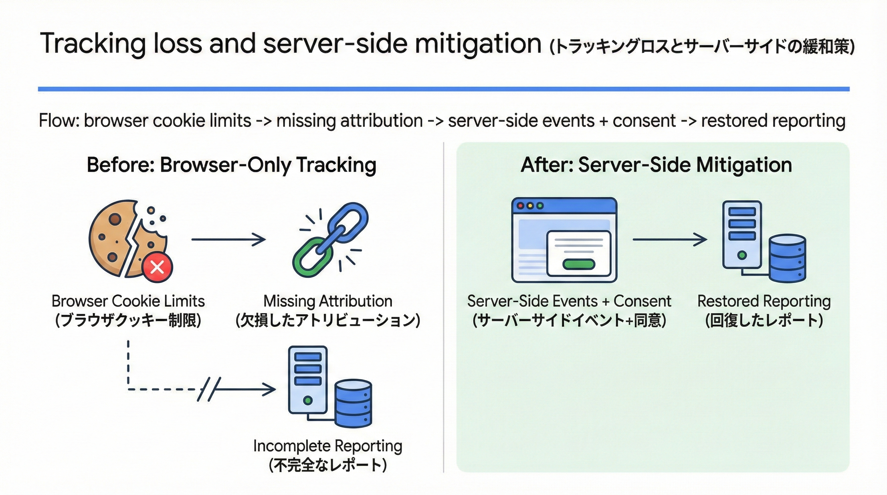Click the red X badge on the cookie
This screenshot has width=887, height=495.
point(157,267)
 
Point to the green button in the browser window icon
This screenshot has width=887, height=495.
point(579,264)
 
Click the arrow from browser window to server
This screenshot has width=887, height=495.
point(669,239)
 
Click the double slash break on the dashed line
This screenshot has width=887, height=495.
point(209,389)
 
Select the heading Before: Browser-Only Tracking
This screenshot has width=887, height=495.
point(231,165)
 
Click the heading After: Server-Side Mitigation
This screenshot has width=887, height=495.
point(656,165)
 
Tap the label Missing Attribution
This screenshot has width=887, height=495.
point(327,301)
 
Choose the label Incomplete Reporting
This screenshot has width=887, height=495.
point(327,446)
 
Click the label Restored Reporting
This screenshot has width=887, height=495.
point(764,301)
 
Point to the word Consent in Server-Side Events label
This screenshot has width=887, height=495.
point(642,301)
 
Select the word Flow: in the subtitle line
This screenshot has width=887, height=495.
point(59,121)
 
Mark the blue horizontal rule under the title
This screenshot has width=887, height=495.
point(443,89)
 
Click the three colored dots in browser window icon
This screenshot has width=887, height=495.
point(530,206)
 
